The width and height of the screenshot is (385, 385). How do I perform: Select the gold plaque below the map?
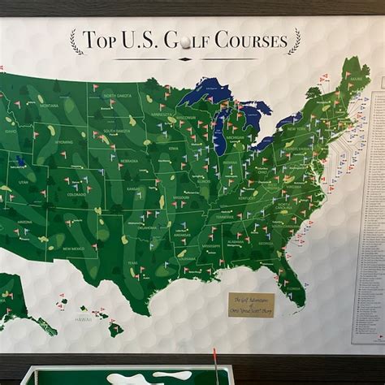251,304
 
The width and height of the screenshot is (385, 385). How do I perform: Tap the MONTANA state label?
50,106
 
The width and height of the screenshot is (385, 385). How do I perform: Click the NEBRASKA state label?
128,161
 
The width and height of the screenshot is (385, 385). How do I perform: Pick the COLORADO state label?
76,195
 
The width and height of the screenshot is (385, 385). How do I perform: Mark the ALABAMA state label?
236,242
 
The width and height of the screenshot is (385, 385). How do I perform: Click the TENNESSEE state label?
225,217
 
